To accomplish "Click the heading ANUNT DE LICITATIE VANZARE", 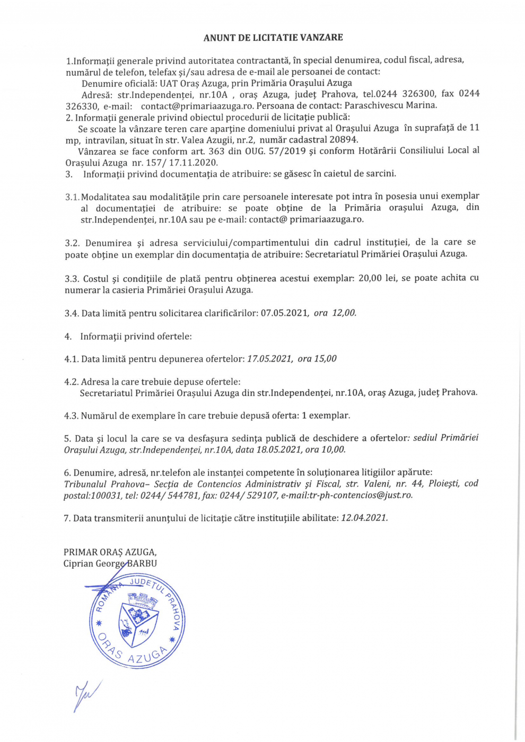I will click(x=273, y=38).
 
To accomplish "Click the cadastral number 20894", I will click(x=344, y=139).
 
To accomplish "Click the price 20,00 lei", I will click(x=378, y=278).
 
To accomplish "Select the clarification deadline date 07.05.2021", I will click(x=284, y=313).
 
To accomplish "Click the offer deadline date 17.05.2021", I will click(x=269, y=359).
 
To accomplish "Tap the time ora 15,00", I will click(x=317, y=359).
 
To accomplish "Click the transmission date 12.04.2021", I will click(x=364, y=518).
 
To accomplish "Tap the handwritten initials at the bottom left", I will click(x=86, y=695).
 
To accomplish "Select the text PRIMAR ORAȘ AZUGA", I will click(x=110, y=552).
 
